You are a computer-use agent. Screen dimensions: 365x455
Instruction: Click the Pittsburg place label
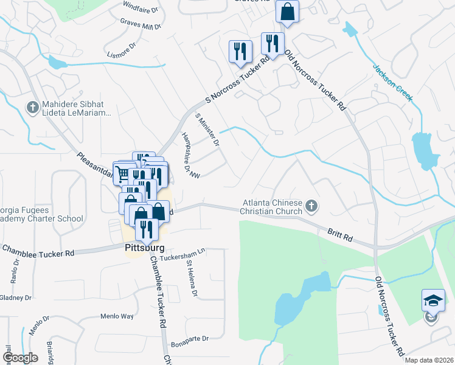[x=145, y=248]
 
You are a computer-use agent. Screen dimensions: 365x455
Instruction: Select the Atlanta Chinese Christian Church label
[x=272, y=207]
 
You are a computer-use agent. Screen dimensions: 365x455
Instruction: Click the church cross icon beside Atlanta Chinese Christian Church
[x=311, y=207]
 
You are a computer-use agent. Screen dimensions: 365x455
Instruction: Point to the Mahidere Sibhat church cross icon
[x=32, y=108]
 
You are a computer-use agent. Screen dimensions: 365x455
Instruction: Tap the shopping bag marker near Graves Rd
[x=287, y=11]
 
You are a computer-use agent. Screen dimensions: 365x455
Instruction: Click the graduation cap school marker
[x=432, y=301]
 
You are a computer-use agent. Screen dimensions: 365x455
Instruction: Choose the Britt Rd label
[x=341, y=234]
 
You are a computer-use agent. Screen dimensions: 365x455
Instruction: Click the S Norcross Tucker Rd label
[x=238, y=79]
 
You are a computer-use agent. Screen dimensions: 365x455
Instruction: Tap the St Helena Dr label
[x=192, y=279]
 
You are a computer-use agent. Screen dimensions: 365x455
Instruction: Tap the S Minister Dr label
[x=207, y=130]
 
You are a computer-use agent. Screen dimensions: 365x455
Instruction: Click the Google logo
[x=21, y=358]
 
